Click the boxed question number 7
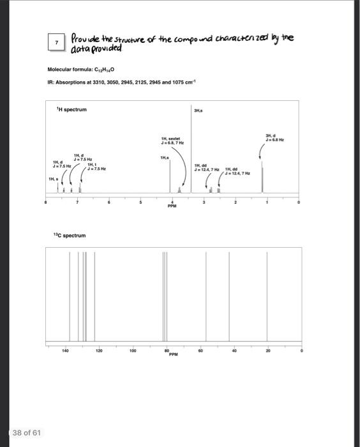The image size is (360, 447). (57, 42)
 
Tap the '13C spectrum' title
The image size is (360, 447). (70, 236)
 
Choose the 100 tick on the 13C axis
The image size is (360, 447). (132, 351)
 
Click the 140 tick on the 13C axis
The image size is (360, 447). (64, 351)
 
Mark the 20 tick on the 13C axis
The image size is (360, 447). (268, 351)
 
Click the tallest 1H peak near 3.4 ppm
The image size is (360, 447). (191, 153)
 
